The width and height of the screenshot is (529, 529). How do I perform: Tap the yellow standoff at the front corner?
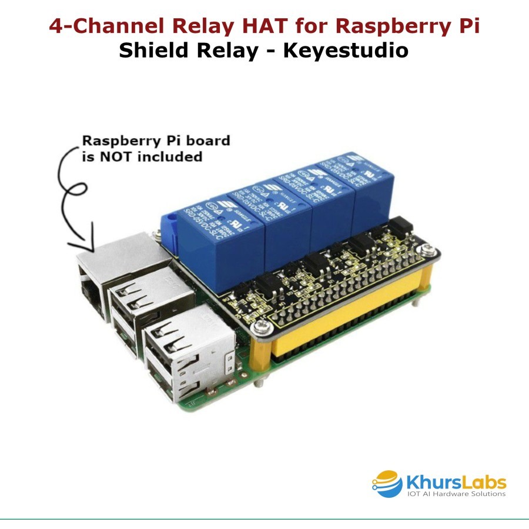tap(262, 359)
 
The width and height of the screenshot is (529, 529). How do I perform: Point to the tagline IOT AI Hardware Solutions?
tap(456, 495)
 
